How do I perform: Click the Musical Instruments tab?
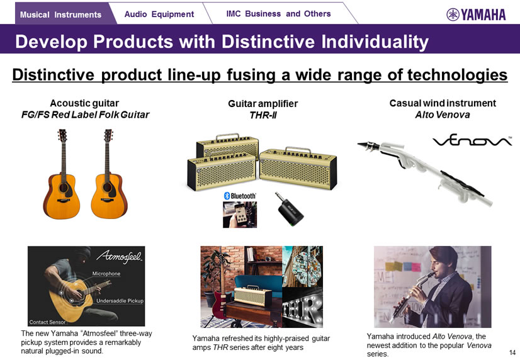click(x=61, y=14)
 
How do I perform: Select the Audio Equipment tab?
click(x=159, y=14)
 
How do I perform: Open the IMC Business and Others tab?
click(x=278, y=14)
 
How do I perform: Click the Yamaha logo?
click(x=476, y=14)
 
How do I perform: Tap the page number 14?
click(x=512, y=352)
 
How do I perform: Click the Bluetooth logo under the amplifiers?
click(x=240, y=196)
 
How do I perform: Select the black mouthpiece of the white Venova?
click(x=369, y=145)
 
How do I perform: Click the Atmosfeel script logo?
click(x=120, y=257)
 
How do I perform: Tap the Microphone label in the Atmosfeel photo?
click(x=106, y=274)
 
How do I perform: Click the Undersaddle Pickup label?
click(x=120, y=301)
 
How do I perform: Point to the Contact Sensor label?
click(x=47, y=322)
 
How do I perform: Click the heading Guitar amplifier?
click(x=263, y=104)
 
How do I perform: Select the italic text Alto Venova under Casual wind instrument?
click(x=443, y=115)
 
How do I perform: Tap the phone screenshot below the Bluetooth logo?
click(x=240, y=215)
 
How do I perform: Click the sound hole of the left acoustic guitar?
click(x=64, y=188)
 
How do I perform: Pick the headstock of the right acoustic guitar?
click(x=108, y=135)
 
